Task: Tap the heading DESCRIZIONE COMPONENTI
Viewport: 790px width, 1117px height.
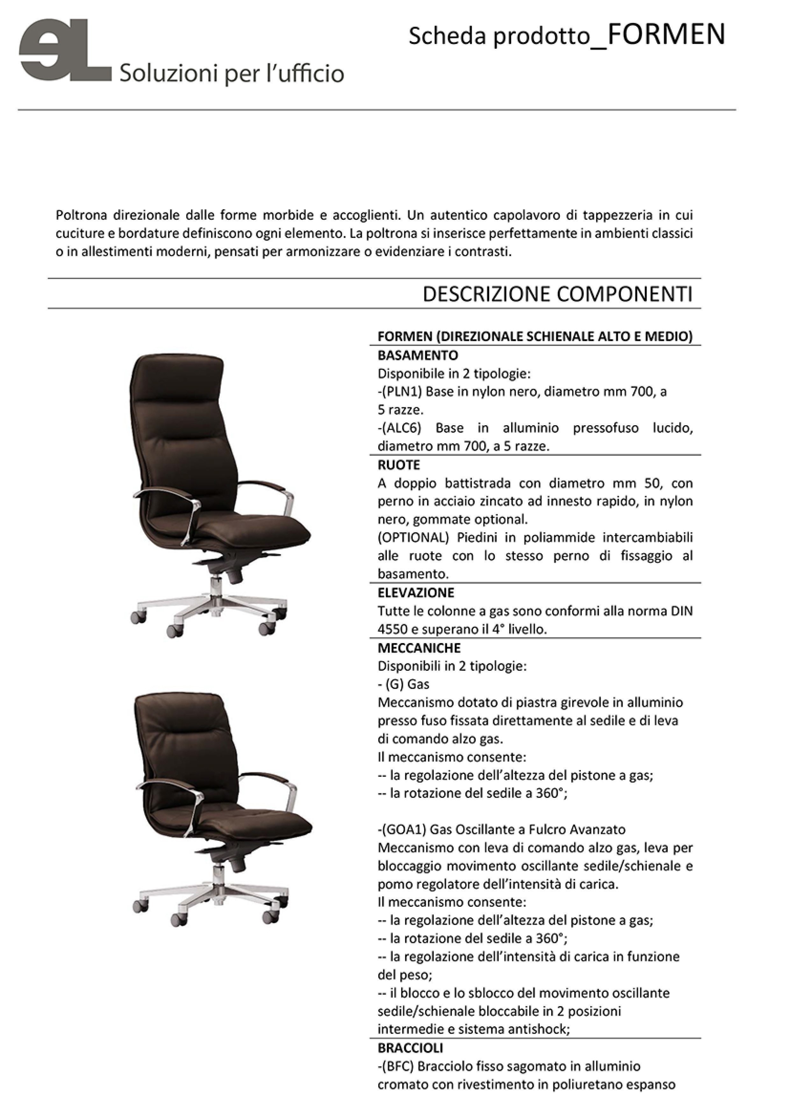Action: click(x=557, y=294)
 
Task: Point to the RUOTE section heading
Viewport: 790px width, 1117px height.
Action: click(x=398, y=465)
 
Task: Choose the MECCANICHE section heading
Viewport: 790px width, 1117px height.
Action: click(x=419, y=648)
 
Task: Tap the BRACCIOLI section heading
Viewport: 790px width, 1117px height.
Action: click(x=410, y=1048)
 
